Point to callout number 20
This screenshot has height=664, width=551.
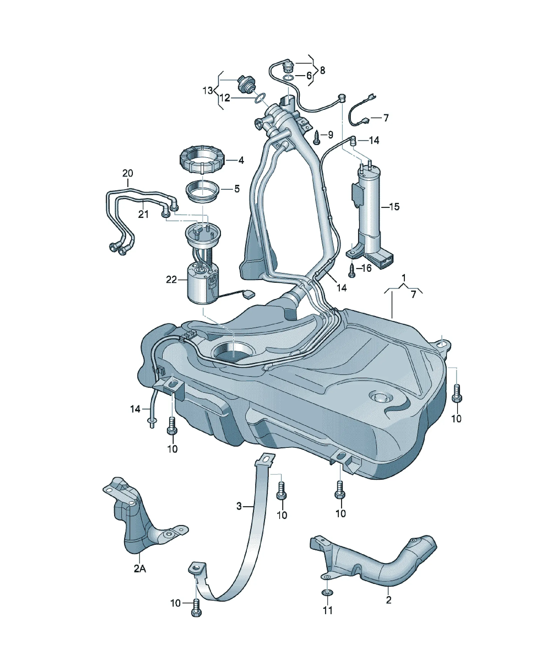tap(128, 173)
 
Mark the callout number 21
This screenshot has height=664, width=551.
tap(143, 214)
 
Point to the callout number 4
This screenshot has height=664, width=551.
tap(241, 160)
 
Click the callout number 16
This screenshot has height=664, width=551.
tap(366, 268)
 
